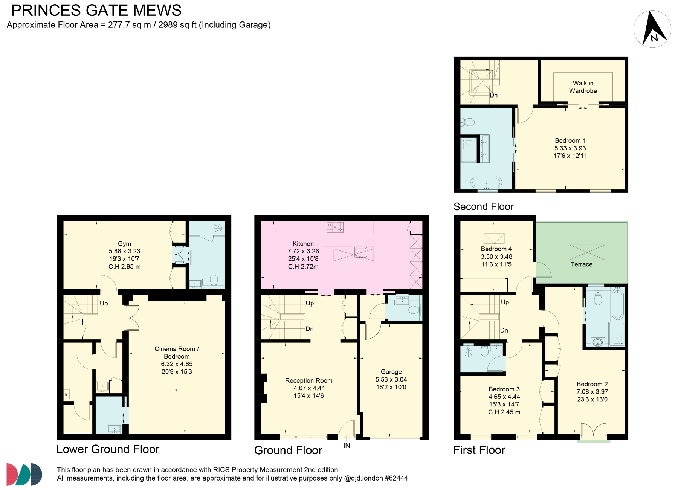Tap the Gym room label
(x=124, y=244)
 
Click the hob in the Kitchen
(x=335, y=227)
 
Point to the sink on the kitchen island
(x=361, y=252)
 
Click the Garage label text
(x=391, y=372)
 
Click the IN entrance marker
(x=347, y=446)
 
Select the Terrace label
(x=581, y=264)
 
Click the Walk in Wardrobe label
(x=583, y=87)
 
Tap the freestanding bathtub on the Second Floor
(x=486, y=183)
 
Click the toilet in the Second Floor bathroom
(x=468, y=122)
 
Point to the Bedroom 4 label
(x=496, y=249)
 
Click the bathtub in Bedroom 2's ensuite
(x=617, y=304)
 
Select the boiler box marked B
(x=66, y=394)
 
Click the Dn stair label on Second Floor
(x=493, y=95)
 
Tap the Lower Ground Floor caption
(x=108, y=449)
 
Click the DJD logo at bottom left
(x=24, y=474)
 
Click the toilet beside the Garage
(x=414, y=310)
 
